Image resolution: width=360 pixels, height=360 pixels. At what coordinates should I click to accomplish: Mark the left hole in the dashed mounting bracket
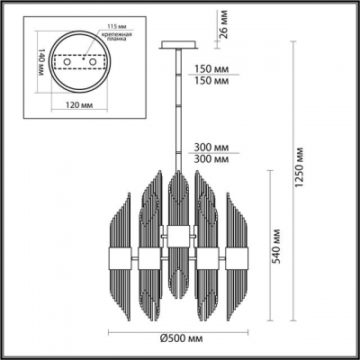tap(66, 63)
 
